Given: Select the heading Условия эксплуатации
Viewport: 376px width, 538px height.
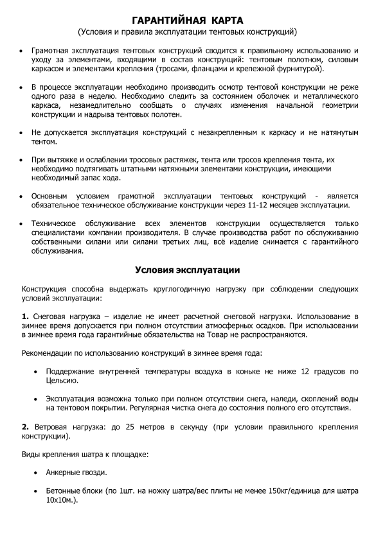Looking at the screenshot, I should click(x=187, y=270).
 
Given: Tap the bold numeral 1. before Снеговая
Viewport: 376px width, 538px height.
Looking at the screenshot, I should click(x=25, y=317).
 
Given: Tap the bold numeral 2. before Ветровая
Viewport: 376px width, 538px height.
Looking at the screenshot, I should click(x=25, y=427).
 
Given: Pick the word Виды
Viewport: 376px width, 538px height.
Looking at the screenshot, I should click(x=31, y=455).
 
